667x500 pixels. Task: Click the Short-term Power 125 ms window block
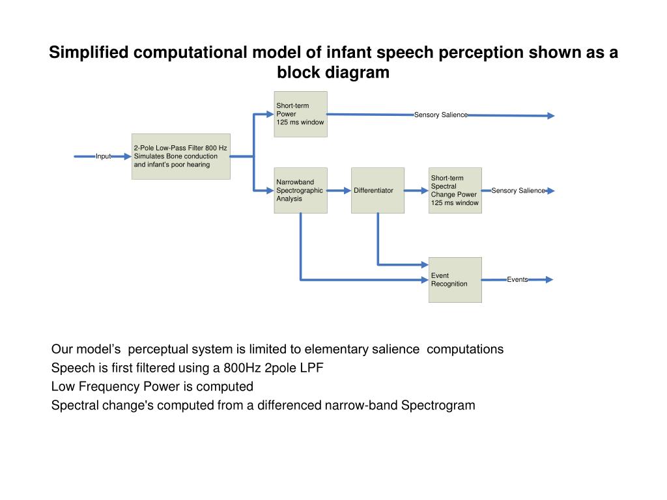pyautogui.click(x=300, y=114)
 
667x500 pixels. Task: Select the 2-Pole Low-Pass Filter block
pyautogui.click(x=180, y=156)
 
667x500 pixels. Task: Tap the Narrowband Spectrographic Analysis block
pyautogui.click(x=300, y=190)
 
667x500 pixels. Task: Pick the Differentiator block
pyautogui.click(x=377, y=190)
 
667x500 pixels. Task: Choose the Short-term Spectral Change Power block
pyautogui.click(x=455, y=190)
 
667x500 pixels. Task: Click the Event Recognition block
pyautogui.click(x=455, y=279)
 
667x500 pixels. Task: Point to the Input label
pyautogui.click(x=103, y=156)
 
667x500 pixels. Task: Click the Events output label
pyautogui.click(x=517, y=279)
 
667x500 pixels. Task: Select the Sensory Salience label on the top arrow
pyautogui.click(x=440, y=115)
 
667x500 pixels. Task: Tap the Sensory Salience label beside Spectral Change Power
pyautogui.click(x=518, y=191)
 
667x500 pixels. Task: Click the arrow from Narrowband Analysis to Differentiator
pyautogui.click(x=339, y=191)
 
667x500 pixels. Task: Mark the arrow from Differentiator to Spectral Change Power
pyautogui.click(x=416, y=191)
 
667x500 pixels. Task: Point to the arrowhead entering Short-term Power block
pyautogui.click(x=270, y=114)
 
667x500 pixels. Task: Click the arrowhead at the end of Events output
pyautogui.click(x=549, y=279)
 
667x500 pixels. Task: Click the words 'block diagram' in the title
pyautogui.click(x=333, y=72)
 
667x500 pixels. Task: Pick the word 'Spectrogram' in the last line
pyautogui.click(x=438, y=406)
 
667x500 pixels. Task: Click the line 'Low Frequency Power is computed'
pyautogui.click(x=152, y=387)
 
